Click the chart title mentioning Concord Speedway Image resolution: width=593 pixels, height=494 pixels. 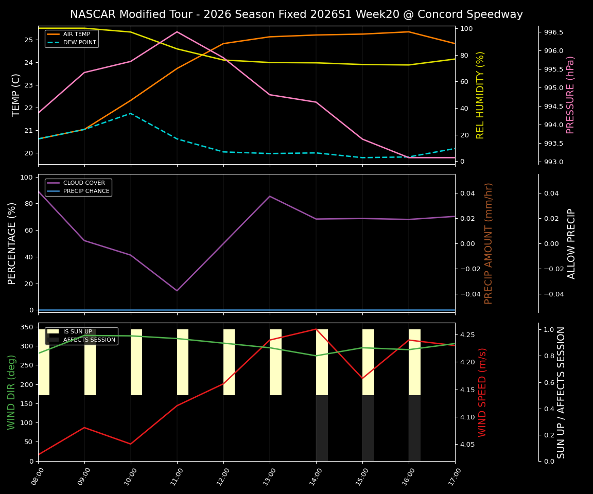[296, 14]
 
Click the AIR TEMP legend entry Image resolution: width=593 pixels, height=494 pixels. [76, 34]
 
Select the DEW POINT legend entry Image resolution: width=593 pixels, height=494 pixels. [79, 43]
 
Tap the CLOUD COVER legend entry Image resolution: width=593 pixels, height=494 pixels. [84, 183]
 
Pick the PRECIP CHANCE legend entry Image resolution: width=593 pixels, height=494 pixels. [86, 191]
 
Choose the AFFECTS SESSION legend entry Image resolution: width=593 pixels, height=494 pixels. [89, 340]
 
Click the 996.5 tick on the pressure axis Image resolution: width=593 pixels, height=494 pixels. [553, 32]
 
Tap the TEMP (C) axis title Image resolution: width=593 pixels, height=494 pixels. [16, 95]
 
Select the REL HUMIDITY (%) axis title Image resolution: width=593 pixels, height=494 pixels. [480, 95]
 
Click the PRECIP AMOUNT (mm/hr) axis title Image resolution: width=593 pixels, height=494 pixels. [489, 243]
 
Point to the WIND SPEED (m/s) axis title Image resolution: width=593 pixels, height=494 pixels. [482, 392]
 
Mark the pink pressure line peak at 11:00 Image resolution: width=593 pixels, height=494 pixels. [177, 32]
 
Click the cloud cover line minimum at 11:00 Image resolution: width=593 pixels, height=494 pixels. [177, 291]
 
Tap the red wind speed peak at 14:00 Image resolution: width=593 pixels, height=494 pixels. [316, 329]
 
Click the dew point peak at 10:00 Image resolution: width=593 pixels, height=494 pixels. [131, 113]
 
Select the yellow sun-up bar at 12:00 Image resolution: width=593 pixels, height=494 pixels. [229, 362]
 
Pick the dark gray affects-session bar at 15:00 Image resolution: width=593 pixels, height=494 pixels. [368, 428]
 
